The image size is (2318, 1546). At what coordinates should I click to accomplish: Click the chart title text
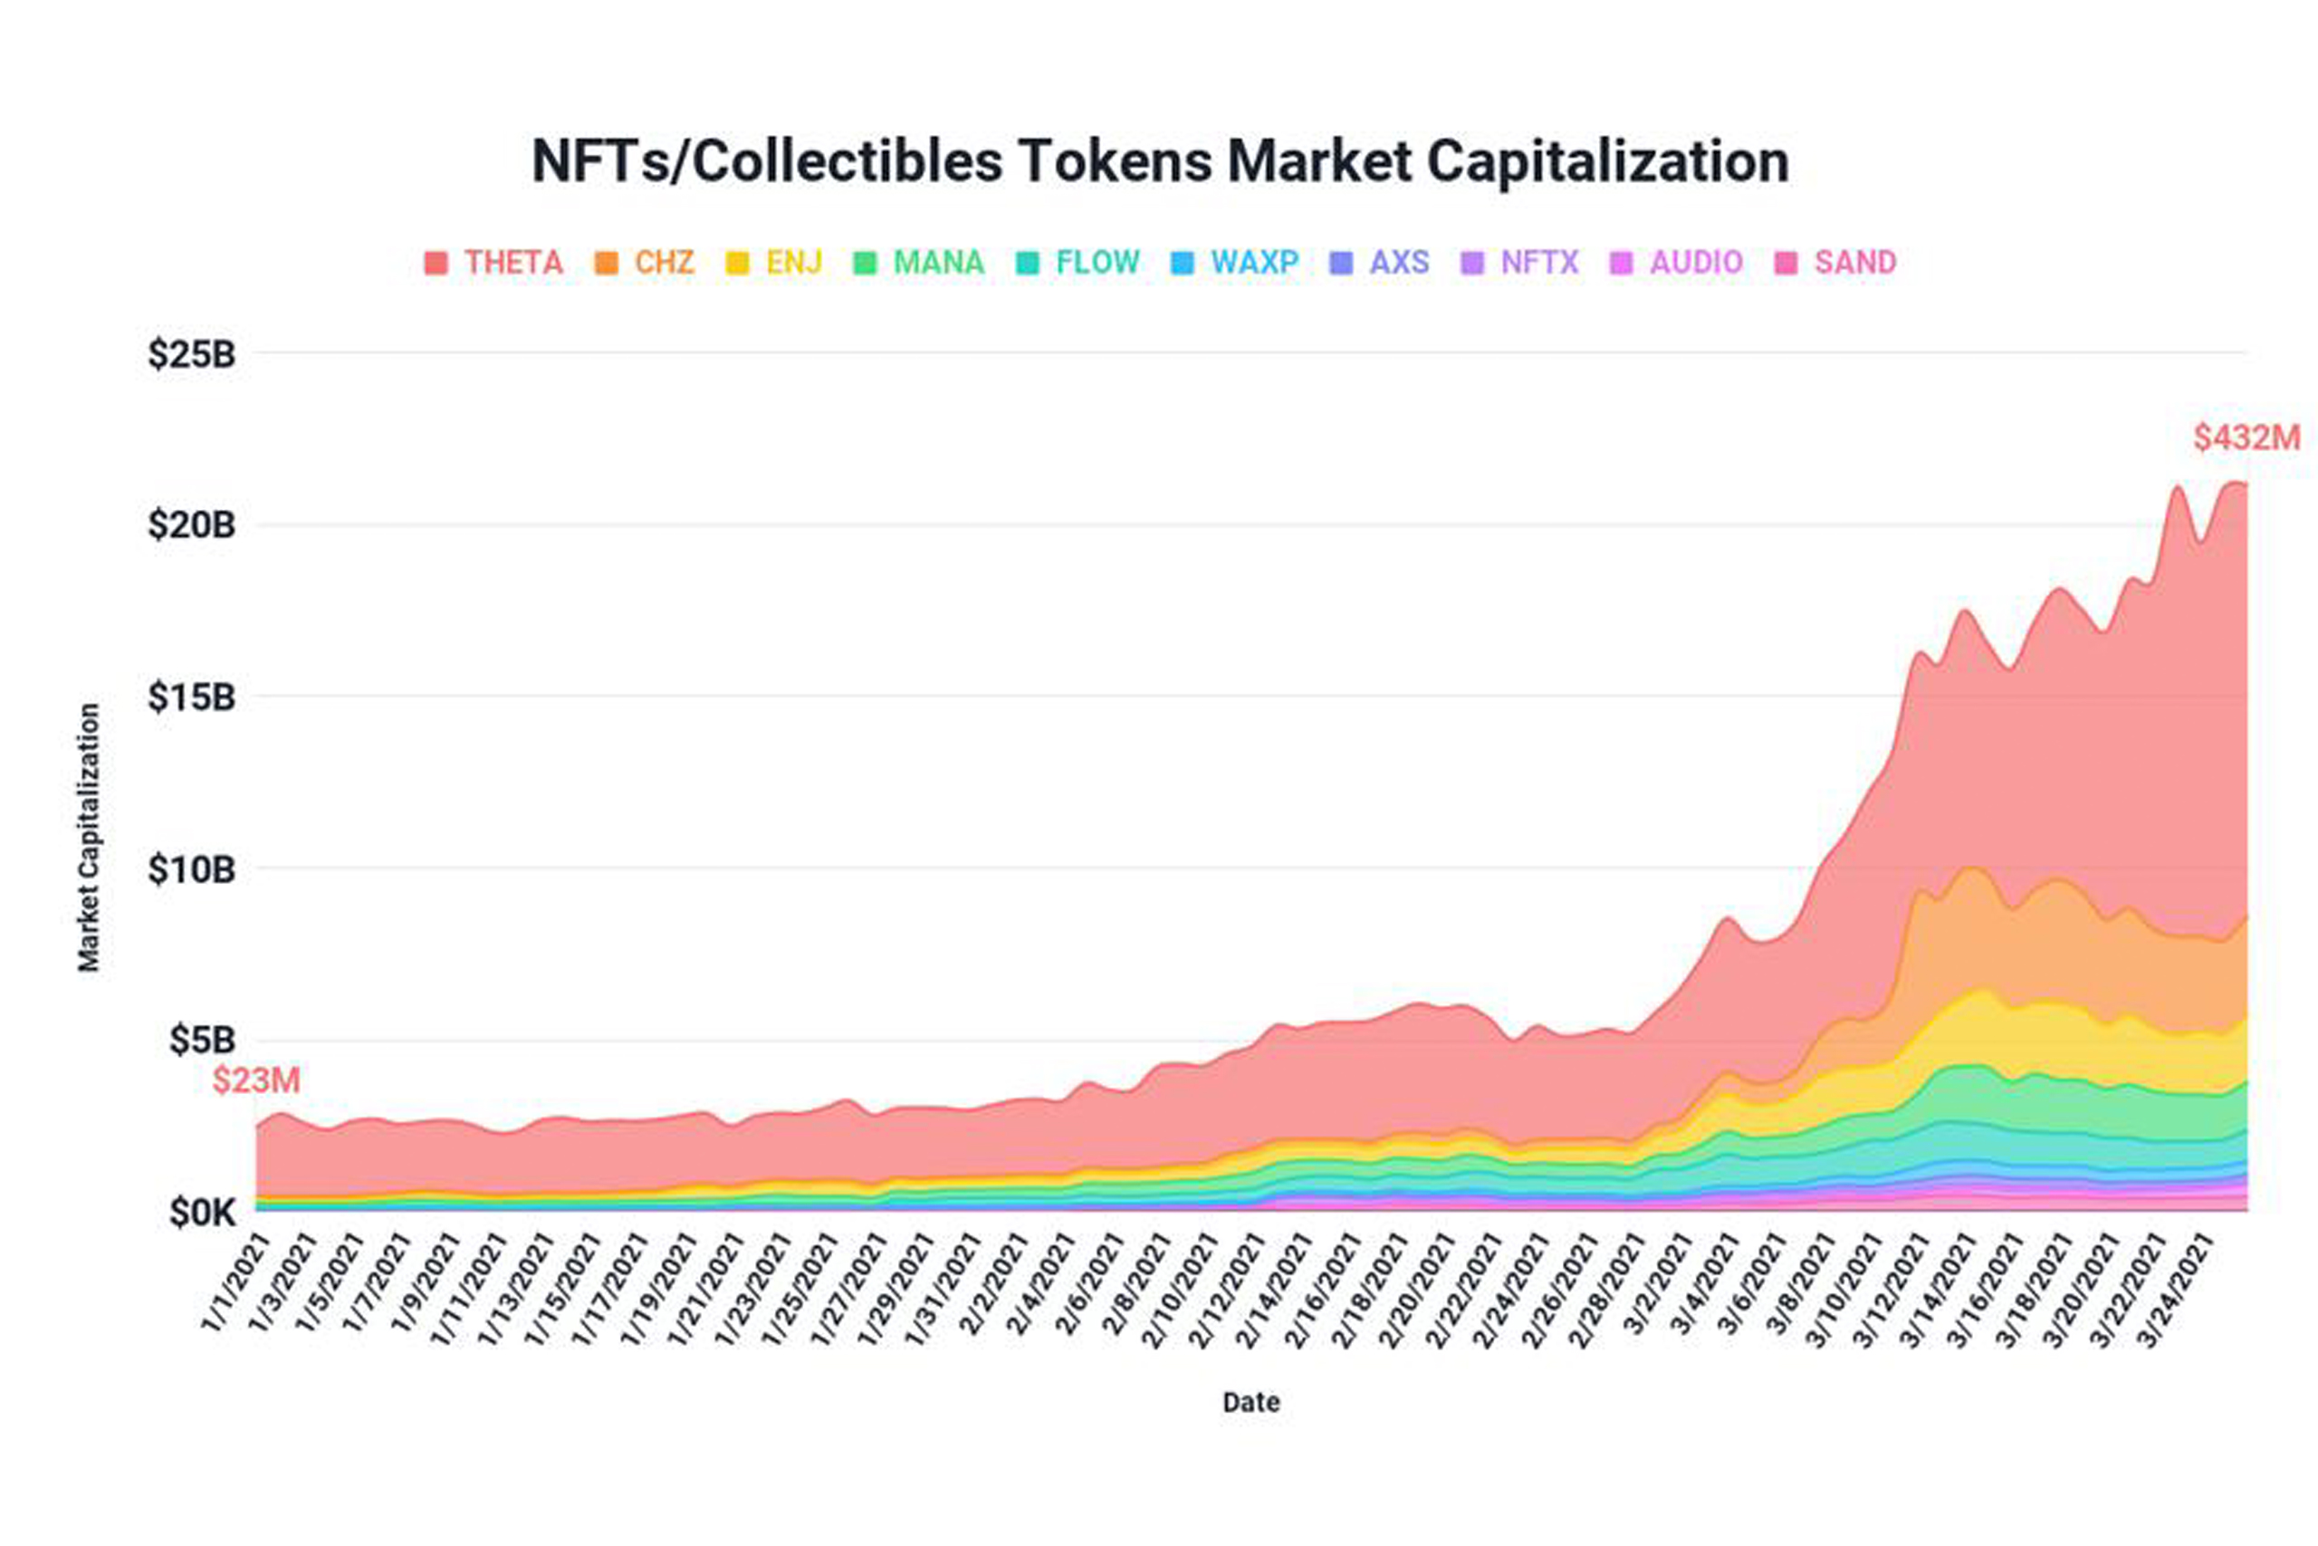click(x=1160, y=160)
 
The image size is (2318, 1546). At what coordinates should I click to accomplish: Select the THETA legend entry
click(x=493, y=263)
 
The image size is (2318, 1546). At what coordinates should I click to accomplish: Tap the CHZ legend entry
click(x=646, y=263)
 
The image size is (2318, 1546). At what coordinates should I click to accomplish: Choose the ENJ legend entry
click(x=775, y=263)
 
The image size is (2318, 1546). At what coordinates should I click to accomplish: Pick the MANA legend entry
click(x=920, y=263)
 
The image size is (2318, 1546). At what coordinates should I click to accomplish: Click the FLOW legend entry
click(x=1078, y=263)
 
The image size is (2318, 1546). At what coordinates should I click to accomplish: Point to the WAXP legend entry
click(x=1235, y=263)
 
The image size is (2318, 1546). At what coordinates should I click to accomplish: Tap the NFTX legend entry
click(x=1520, y=263)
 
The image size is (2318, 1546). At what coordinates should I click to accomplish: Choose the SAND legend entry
click(x=1835, y=263)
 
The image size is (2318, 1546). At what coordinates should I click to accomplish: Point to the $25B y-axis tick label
click(x=191, y=354)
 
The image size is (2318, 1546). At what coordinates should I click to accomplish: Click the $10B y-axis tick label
click(x=191, y=869)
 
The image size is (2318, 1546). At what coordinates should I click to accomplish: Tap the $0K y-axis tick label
click(x=202, y=1214)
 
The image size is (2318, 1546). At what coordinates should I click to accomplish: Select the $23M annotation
click(x=256, y=1080)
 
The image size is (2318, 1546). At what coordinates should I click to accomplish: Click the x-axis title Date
click(x=1250, y=1402)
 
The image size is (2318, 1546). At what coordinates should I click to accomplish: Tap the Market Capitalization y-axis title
click(x=90, y=837)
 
